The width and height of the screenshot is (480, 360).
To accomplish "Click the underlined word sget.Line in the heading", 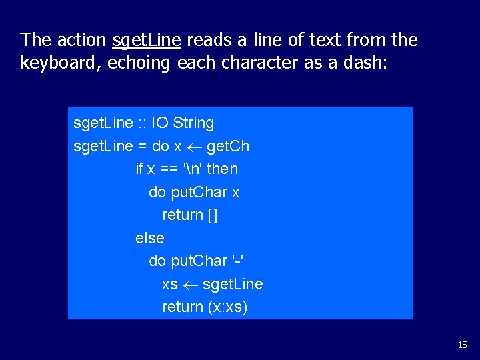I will pyautogui.click(x=147, y=41).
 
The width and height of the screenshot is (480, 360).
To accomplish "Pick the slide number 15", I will pyautogui.click(x=463, y=345).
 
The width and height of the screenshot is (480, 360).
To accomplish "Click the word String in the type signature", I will pyautogui.click(x=193, y=123).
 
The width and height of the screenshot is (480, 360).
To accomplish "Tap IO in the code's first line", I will pyautogui.click(x=160, y=123).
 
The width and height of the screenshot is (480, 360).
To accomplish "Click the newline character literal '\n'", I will pyautogui.click(x=191, y=169).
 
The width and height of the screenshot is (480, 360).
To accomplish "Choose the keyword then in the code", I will pyautogui.click(x=221, y=169).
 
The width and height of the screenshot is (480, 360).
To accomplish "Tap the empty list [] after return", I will pyautogui.click(x=213, y=215).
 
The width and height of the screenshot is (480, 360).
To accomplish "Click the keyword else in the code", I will pyautogui.click(x=149, y=238).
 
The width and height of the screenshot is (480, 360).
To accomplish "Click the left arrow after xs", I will pyautogui.click(x=190, y=285).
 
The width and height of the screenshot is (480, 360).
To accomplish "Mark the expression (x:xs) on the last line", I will pyautogui.click(x=227, y=307).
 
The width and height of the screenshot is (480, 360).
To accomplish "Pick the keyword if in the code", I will pyautogui.click(x=139, y=169).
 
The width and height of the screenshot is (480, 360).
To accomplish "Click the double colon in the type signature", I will pyautogui.click(x=143, y=123).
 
